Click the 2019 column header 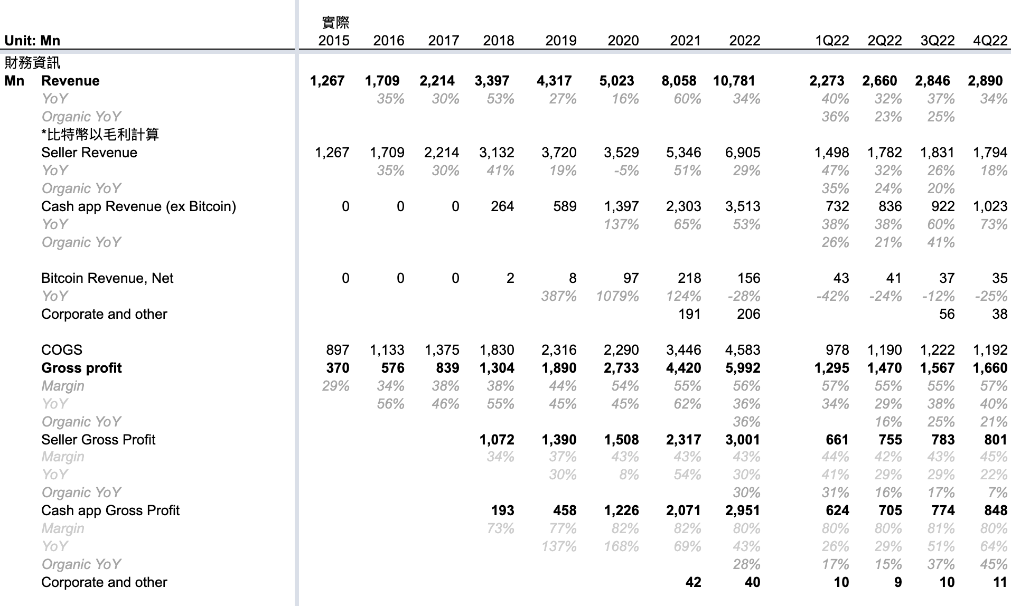point(561,41)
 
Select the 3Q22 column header point(938,41)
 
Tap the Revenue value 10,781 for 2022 point(734,81)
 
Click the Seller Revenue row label point(89,153)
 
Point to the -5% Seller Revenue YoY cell point(626,171)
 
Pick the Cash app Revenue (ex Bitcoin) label point(138,206)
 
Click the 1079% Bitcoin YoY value point(617,296)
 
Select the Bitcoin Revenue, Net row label point(107,278)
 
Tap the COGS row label point(62,350)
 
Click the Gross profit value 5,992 point(743,368)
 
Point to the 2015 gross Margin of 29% point(335,386)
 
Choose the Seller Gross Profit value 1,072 point(497,440)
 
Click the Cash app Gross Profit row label point(110,510)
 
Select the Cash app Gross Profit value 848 point(996,510)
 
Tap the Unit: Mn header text point(32,41)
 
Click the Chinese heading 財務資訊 point(32,63)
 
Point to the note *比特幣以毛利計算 point(100,135)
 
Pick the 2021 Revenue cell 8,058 point(679,81)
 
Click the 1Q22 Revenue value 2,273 point(827,81)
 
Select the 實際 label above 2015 point(335,23)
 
